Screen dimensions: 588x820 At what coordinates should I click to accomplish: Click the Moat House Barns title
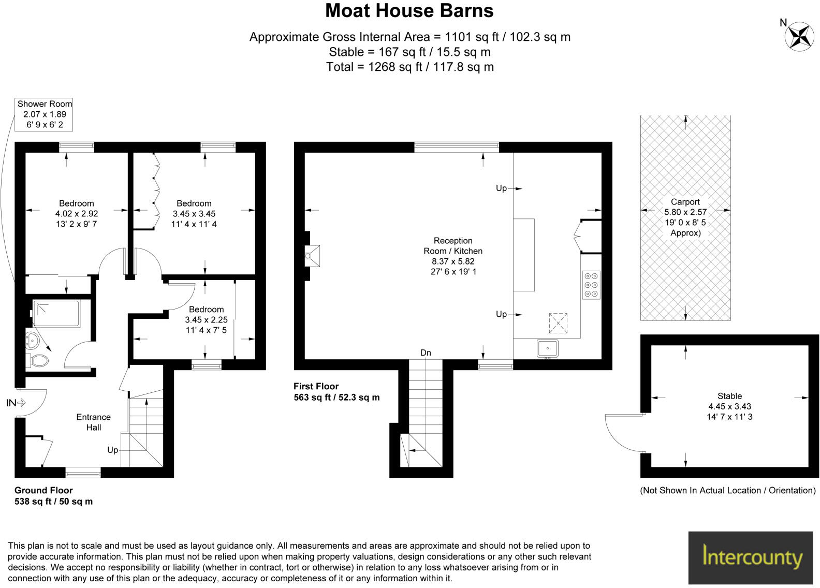pos(409,11)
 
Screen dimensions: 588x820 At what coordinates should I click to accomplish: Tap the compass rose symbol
pos(800,36)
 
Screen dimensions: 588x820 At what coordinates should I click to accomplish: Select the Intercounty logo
pos(751,557)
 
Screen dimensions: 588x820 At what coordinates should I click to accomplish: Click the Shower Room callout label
pos(45,114)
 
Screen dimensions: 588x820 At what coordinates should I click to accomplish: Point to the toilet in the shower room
pos(39,360)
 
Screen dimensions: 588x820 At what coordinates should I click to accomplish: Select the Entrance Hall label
pos(94,422)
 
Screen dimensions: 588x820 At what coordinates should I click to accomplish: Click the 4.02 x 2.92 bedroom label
pos(77,213)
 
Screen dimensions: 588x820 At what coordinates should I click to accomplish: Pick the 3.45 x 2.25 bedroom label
pos(206,319)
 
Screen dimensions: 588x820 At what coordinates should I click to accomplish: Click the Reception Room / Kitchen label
pos(453,256)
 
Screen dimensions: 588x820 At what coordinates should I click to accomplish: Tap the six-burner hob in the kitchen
pos(591,285)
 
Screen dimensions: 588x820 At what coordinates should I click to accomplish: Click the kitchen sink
pos(547,348)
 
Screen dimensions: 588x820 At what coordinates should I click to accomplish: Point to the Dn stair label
pos(426,353)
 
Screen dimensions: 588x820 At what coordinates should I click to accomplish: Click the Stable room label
pos(729,406)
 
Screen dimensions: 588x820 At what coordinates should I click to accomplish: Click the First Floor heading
pos(316,386)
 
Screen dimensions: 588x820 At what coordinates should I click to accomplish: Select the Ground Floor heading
pos(43,490)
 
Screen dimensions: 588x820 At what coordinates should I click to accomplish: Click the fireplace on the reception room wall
pos(313,256)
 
